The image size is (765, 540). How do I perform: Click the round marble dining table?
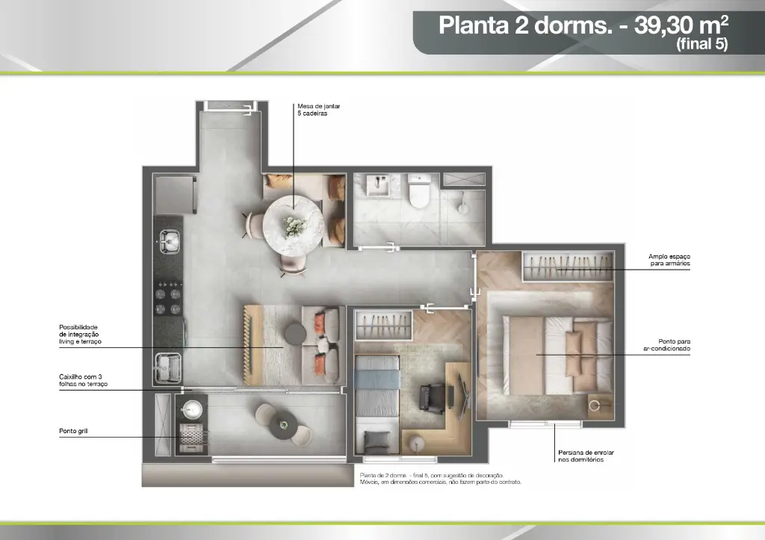293,225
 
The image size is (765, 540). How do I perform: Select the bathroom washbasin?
377,185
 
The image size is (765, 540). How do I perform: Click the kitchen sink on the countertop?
169,241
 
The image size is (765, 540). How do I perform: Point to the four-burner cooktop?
168,297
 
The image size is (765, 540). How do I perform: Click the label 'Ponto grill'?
73,431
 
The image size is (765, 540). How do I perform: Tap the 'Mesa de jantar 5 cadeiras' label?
318,110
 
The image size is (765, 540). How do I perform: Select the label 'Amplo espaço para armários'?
669,260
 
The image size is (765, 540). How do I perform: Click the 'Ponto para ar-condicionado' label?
666,345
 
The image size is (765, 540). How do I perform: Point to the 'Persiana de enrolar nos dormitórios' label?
586,456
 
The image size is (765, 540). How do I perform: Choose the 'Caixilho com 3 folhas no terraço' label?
84,380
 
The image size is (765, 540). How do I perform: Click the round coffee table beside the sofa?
295,334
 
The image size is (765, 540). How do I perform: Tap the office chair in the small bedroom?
433,397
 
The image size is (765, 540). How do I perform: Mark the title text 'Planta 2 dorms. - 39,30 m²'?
583,25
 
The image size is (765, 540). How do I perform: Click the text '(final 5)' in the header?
701,44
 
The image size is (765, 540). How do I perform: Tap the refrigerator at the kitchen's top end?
174,195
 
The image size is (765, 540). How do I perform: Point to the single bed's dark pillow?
377,443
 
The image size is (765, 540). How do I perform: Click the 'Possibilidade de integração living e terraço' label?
80,335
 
